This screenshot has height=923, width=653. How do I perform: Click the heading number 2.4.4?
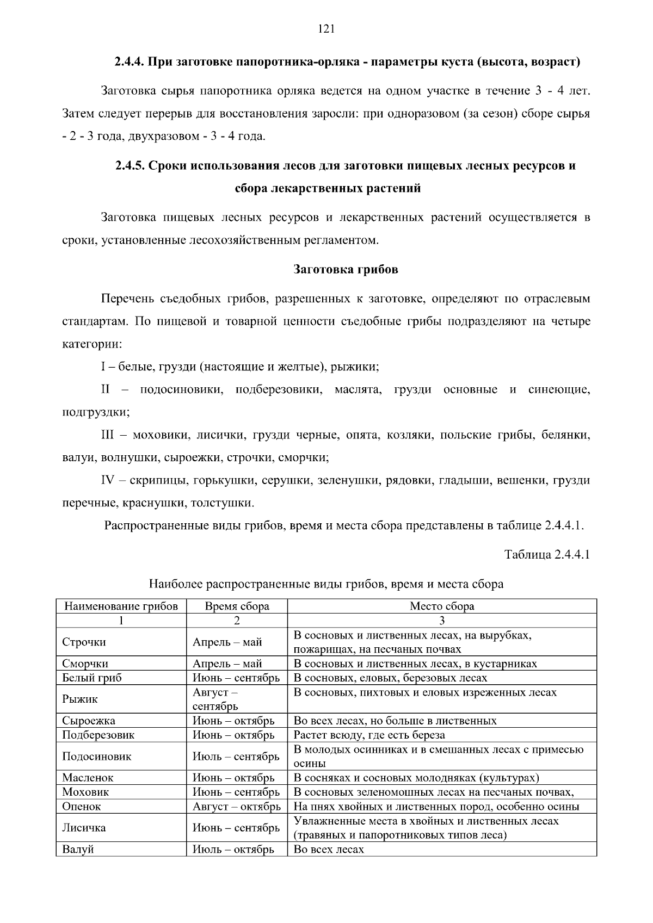tap(130, 61)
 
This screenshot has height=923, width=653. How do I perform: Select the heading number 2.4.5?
tap(130, 165)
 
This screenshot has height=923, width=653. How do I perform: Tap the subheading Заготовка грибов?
tap(346, 269)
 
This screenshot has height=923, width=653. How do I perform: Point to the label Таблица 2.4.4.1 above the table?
tap(547, 555)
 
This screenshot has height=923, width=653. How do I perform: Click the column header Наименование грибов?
tap(121, 606)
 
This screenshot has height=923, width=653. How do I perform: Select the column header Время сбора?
tap(237, 606)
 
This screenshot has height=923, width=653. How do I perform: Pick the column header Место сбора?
tap(442, 606)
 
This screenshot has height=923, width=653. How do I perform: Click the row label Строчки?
tap(84, 642)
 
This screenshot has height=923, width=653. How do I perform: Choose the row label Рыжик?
tap(79, 699)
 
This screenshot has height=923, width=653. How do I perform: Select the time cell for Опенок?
tap(236, 807)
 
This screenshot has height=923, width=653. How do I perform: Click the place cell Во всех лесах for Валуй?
tap(329, 850)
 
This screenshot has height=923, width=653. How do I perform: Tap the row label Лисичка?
tap(84, 828)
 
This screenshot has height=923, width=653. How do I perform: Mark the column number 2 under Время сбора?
tap(237, 621)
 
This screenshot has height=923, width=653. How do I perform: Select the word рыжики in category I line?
tap(360, 367)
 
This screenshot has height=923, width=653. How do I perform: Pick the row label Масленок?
tap(88, 778)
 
